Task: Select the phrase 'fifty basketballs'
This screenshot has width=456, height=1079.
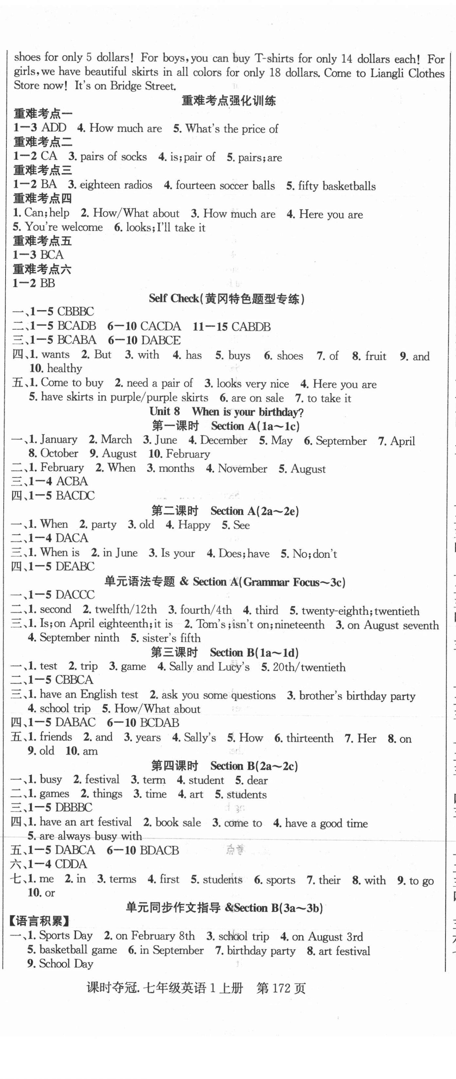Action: [x=337, y=186]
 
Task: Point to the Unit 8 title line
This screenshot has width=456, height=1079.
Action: [x=227, y=412]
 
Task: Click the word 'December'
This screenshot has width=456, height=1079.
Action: [x=223, y=440]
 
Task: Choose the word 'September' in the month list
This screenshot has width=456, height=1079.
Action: [x=341, y=441]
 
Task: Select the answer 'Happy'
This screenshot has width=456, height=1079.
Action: [x=194, y=525]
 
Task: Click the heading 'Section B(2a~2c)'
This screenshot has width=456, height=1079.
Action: [x=254, y=766]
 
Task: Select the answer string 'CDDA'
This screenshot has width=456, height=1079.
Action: [x=71, y=864]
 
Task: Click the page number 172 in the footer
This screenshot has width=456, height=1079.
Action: [x=281, y=988]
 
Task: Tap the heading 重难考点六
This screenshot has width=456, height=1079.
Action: [x=42, y=269]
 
